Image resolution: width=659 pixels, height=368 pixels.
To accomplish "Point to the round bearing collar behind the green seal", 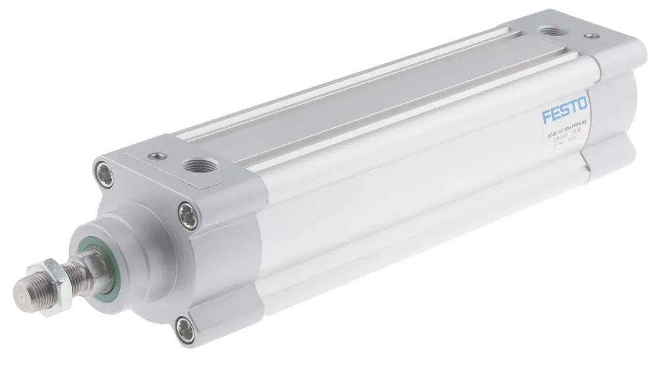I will (x=129, y=231).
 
